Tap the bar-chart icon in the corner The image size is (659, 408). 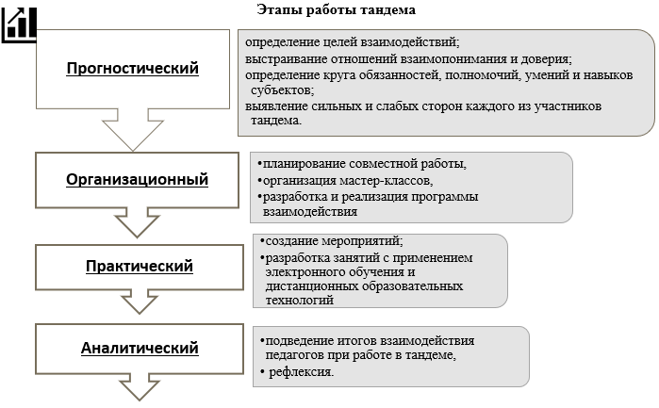tap(20, 22)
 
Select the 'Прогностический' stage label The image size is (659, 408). tap(133, 68)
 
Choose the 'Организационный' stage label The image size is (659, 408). tap(138, 179)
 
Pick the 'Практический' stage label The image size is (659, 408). tap(139, 266)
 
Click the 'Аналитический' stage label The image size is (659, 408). tap(140, 348)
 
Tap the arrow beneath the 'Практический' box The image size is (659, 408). tap(139, 302)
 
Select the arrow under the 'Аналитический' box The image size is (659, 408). tap(139, 388)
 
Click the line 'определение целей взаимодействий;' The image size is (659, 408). tap(352, 42)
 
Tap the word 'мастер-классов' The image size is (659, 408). tap(391, 180)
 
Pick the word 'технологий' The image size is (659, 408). tap(301, 301)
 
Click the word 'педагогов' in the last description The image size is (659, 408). tap(296, 354)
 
